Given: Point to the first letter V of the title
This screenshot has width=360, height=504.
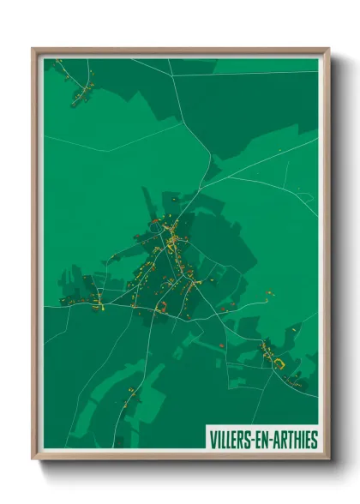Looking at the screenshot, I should click(212, 440).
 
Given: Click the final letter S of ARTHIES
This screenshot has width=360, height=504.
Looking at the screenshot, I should click(314, 440).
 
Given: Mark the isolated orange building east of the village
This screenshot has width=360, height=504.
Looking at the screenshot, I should click(269, 294).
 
